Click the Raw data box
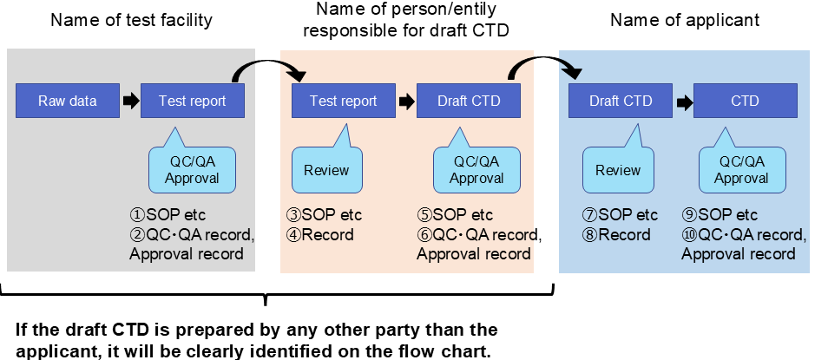[68, 101]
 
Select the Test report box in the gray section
[192, 101]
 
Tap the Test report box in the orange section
[344, 101]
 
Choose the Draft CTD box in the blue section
[621, 101]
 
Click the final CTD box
[745, 101]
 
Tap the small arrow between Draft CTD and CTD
[683, 101]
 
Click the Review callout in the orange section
[326, 170]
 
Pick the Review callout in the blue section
[617, 170]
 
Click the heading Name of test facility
[131, 20]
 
